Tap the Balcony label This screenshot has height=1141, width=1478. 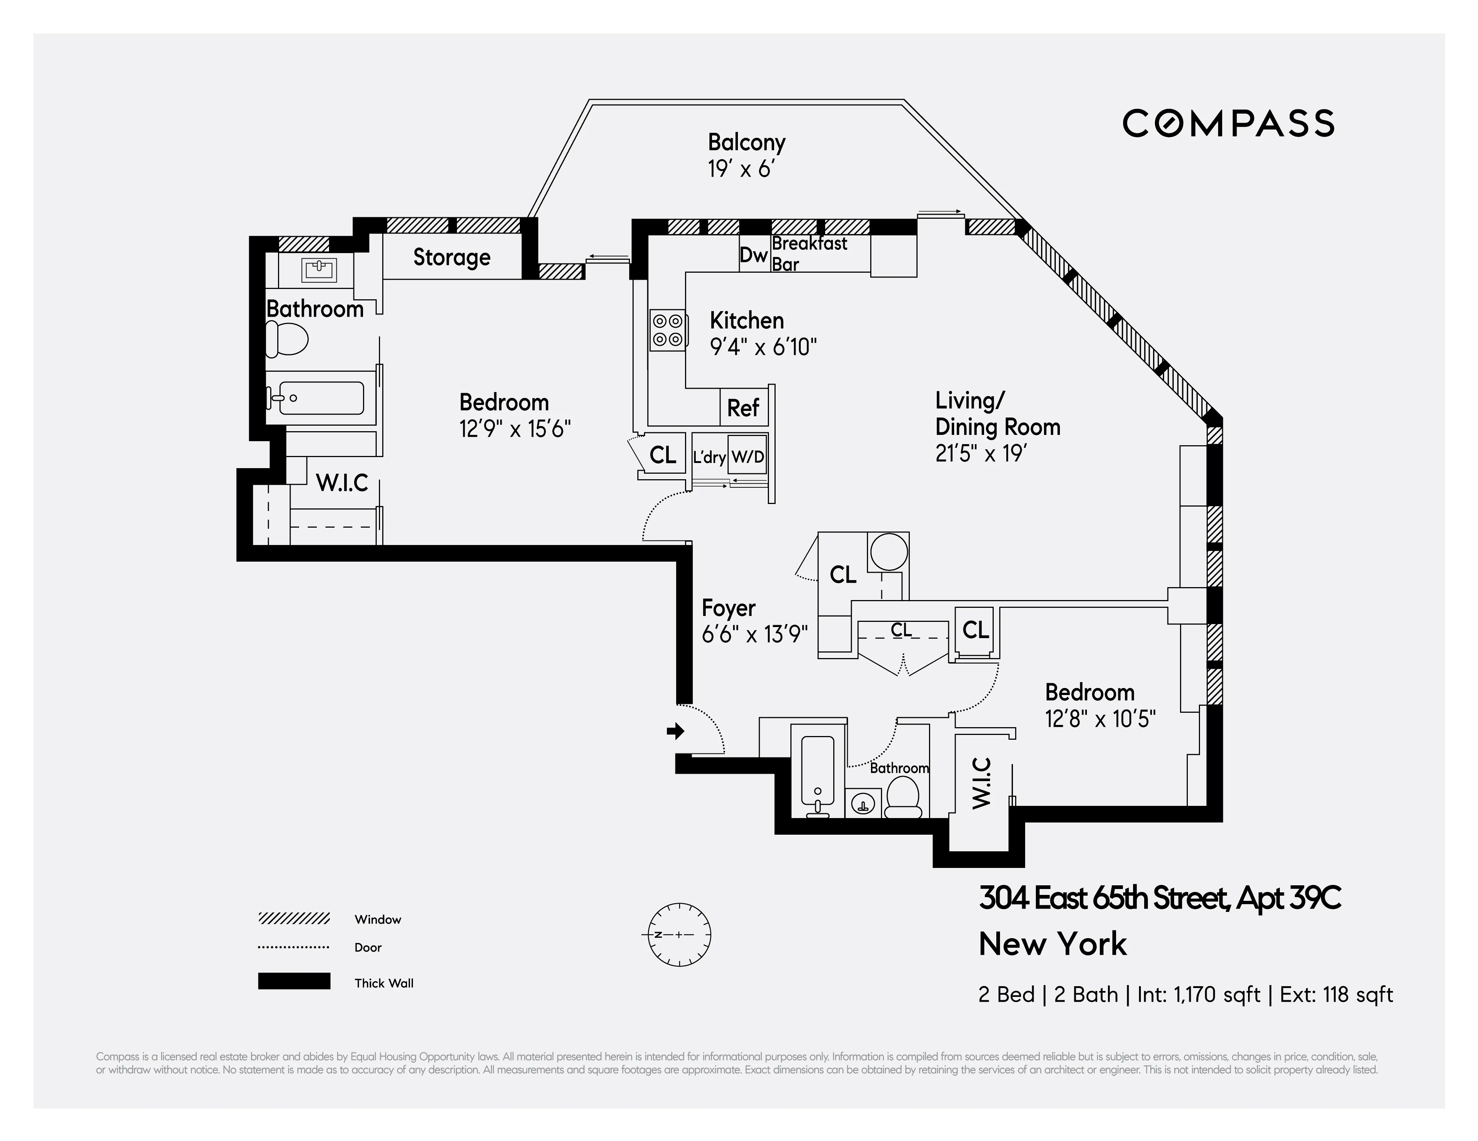tap(746, 143)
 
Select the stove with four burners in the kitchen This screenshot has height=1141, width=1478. tap(668, 330)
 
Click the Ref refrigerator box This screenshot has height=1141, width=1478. tap(743, 408)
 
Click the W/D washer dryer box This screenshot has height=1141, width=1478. tap(748, 457)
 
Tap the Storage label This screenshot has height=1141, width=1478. tap(451, 257)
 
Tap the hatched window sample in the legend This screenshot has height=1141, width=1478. tap(294, 919)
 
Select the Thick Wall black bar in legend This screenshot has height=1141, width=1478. tap(294, 981)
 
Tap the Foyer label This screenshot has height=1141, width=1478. tap(728, 608)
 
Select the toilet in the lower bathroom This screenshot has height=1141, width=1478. tap(903, 798)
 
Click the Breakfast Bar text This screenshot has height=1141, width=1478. tap(809, 253)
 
